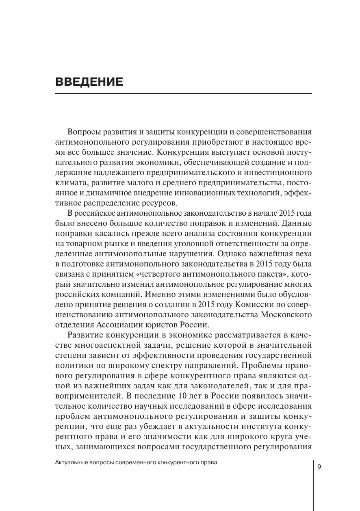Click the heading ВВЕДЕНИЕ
(x=89, y=82)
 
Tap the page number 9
(x=319, y=467)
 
